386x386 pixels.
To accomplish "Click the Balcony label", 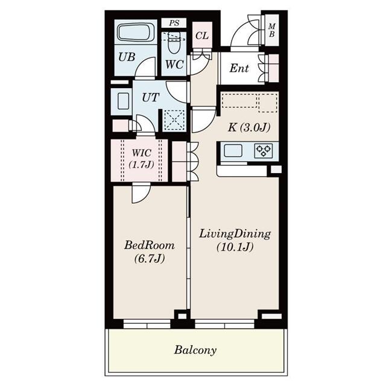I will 195,350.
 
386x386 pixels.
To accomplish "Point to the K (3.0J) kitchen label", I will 248,127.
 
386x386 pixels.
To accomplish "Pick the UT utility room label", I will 150,96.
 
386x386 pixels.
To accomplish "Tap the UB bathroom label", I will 126,58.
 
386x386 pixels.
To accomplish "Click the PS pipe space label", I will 174,24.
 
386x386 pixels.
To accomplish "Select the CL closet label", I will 202,35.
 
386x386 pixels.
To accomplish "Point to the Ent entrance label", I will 239,68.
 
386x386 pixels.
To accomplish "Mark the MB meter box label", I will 272,30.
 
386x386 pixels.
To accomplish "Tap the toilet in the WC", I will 176,42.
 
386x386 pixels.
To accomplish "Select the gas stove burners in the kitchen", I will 264,150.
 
